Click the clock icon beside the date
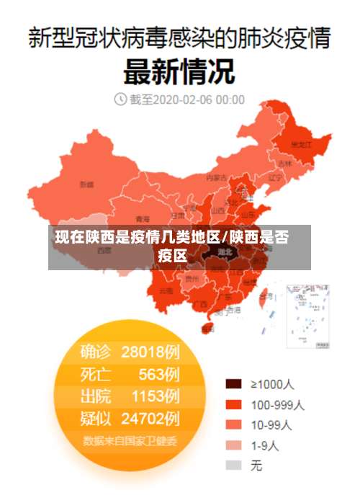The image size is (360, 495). (120, 99)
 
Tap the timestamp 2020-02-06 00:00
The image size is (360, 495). (198, 99)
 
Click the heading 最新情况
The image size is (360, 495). (179, 71)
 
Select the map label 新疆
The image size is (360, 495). (86, 184)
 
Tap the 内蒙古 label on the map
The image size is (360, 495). (216, 177)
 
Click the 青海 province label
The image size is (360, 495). (143, 218)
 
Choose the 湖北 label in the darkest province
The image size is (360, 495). (225, 252)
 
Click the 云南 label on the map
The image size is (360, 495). (166, 290)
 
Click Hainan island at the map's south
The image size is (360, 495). (209, 328)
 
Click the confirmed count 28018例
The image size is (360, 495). (150, 352)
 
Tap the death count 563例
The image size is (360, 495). (159, 374)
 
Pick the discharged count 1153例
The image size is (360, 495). (155, 396)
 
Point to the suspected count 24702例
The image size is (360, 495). (150, 418)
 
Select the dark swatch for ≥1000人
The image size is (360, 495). (233, 383)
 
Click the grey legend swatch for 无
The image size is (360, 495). (233, 465)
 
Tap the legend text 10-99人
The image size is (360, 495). (271, 424)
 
